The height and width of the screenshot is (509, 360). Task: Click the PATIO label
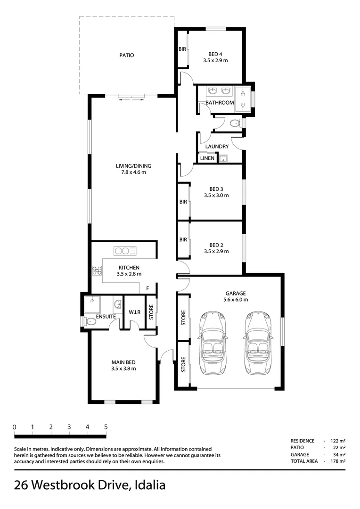click(x=126, y=55)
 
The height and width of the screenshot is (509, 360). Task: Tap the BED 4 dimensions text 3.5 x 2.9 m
click(x=216, y=61)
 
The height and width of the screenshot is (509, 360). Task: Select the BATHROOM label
click(x=219, y=102)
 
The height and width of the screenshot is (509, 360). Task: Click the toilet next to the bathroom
click(x=234, y=123)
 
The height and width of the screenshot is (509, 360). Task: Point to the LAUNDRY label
click(x=217, y=147)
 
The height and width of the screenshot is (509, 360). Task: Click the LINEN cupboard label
click(x=207, y=158)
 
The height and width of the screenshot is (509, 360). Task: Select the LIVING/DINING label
click(x=134, y=166)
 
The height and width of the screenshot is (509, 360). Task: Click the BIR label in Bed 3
click(x=183, y=202)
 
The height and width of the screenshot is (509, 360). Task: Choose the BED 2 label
click(x=216, y=245)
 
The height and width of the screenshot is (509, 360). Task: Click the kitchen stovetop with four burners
click(x=98, y=271)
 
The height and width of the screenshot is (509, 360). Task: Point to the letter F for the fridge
click(x=147, y=288)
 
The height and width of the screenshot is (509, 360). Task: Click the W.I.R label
click(x=134, y=312)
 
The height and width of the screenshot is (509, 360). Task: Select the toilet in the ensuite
click(x=90, y=322)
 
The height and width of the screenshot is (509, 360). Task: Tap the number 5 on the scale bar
click(x=106, y=427)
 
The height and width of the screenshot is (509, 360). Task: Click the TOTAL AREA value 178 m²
click(x=338, y=461)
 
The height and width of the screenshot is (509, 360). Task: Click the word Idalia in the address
click(x=150, y=485)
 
